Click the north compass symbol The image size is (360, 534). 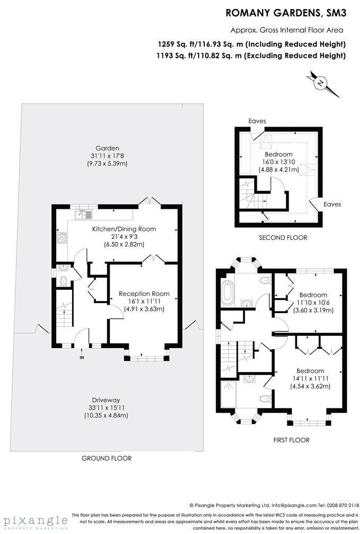[321, 83]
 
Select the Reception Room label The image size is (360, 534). [144, 293]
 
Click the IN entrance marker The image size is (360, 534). [82, 358]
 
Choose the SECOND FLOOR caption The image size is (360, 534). [283, 238]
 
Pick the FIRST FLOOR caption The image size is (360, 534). [291, 440]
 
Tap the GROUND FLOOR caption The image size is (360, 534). [106, 458]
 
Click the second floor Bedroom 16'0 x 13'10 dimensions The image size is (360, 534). [279, 162]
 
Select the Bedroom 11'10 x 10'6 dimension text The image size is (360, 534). [313, 302]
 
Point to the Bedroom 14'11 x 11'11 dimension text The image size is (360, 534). [310, 378]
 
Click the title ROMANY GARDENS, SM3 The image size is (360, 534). [286, 12]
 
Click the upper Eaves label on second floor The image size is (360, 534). [257, 121]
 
